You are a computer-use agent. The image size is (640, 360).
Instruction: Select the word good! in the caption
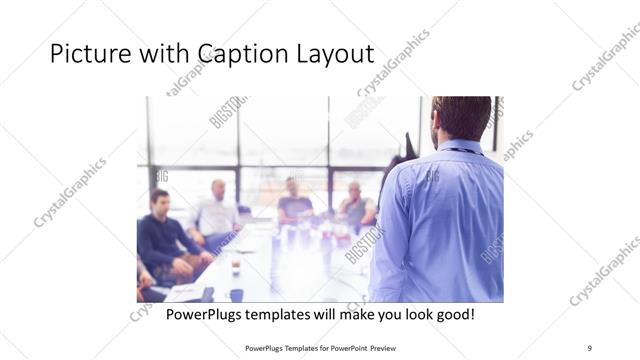[x=453, y=315]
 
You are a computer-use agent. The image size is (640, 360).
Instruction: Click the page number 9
[x=589, y=346]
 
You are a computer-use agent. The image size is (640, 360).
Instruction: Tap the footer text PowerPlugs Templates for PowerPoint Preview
[x=320, y=346]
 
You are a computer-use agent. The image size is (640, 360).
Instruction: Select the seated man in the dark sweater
[x=163, y=235]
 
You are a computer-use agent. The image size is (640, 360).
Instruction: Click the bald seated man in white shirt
[x=217, y=210]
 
